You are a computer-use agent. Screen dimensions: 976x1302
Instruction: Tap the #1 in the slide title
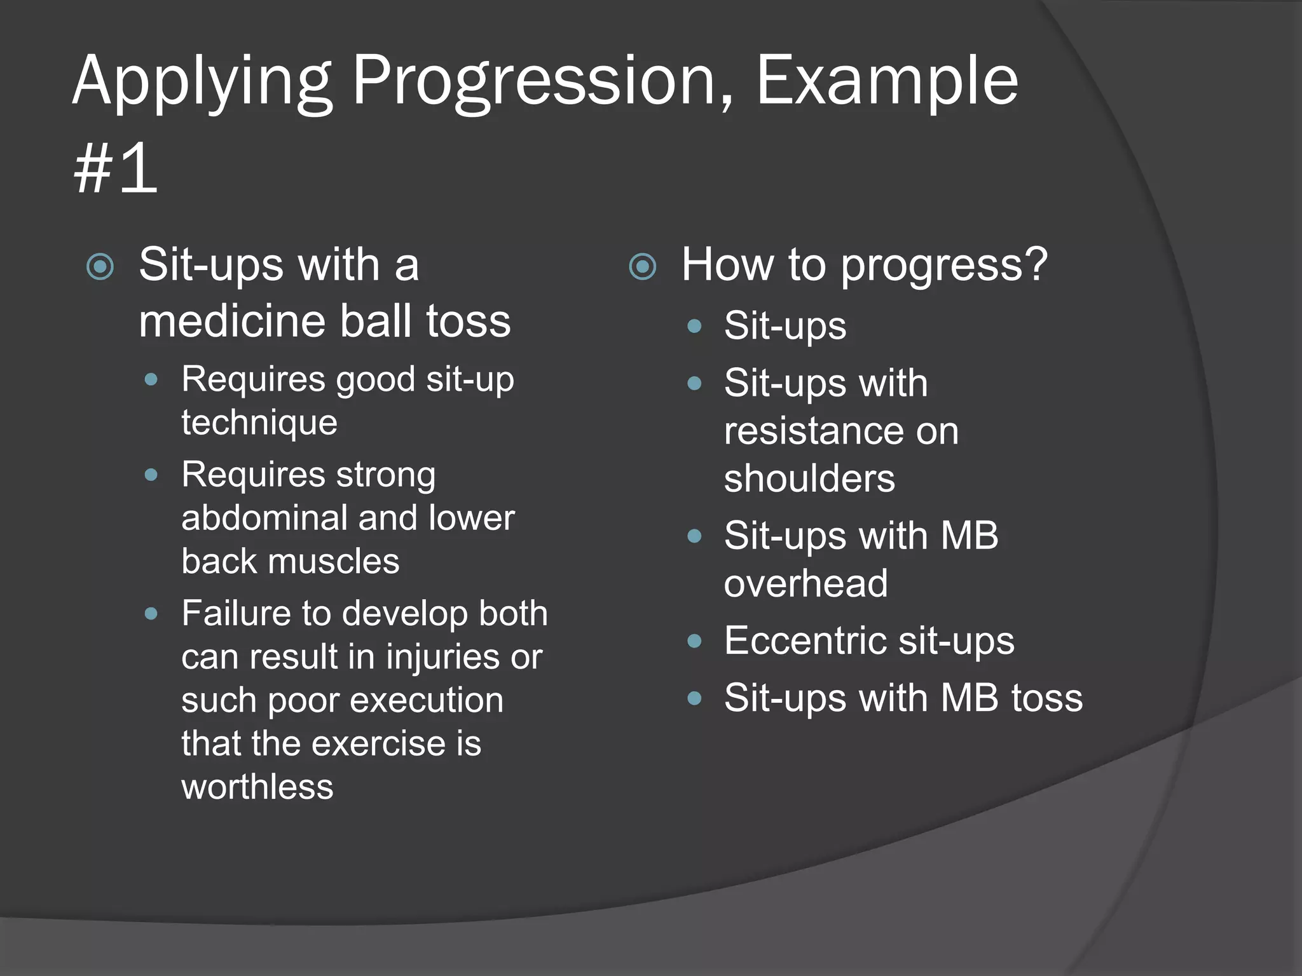coord(115,169)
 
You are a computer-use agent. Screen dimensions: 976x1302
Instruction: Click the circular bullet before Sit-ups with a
coord(100,266)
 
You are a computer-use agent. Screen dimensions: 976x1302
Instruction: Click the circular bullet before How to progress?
coord(642,266)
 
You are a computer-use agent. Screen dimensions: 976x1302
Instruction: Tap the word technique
coord(259,423)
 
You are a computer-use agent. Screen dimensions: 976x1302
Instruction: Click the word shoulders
coord(809,478)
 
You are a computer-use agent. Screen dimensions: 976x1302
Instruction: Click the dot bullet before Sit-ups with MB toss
coord(694,699)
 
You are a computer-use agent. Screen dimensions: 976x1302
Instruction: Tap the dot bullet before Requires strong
coord(151,475)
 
